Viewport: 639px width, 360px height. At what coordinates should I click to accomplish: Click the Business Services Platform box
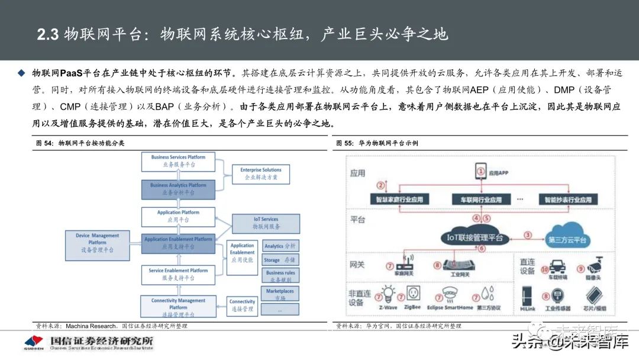pyautogui.click(x=177, y=161)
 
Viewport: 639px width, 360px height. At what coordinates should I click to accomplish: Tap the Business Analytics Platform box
pyautogui.click(x=177, y=189)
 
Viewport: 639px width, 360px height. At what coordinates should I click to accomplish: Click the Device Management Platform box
pyautogui.click(x=97, y=243)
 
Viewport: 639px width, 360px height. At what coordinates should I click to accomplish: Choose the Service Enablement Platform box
pyautogui.click(x=177, y=274)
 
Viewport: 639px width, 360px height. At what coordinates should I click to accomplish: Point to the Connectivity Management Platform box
pyautogui.click(x=177, y=304)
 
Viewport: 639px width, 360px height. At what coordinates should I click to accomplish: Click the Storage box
pyautogui.click(x=279, y=260)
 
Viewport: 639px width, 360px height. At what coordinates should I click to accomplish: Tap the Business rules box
pyautogui.click(x=279, y=277)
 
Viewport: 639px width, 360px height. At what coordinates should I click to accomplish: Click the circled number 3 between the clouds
pyautogui.click(x=528, y=235)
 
